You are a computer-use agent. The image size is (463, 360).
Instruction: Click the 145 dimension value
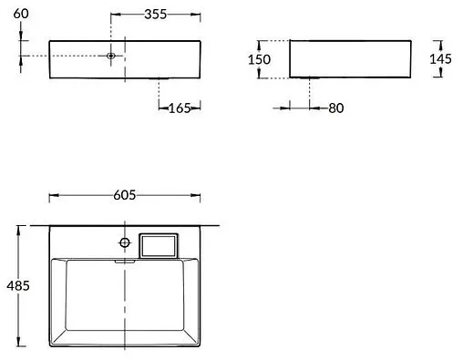click(x=442, y=59)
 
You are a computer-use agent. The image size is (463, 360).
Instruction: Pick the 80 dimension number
click(x=335, y=108)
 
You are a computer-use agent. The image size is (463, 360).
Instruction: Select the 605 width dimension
click(x=125, y=195)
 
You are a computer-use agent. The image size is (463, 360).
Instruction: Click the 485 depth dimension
click(x=18, y=285)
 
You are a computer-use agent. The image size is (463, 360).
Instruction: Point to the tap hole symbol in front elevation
click(x=111, y=57)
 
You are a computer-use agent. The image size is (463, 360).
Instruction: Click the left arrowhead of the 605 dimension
click(x=52, y=195)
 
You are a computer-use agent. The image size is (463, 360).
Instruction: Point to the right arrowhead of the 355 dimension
click(x=198, y=15)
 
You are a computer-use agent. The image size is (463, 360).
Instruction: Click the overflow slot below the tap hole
click(x=124, y=261)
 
